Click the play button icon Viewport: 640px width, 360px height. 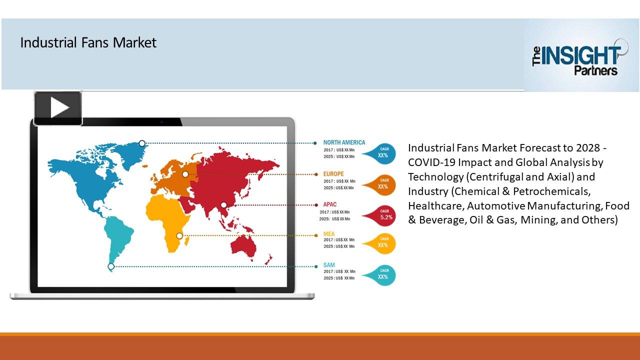point(58,108)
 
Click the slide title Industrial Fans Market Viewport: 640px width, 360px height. point(88,43)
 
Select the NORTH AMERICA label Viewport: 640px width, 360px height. point(344,142)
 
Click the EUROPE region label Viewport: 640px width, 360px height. point(333,174)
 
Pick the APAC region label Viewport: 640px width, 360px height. point(329,204)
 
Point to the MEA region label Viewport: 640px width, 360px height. point(329,233)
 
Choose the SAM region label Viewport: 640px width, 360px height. point(329,264)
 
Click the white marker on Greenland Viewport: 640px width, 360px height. point(142,143)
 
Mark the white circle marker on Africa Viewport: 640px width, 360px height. point(179,235)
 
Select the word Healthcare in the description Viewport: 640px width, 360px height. point(435,206)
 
